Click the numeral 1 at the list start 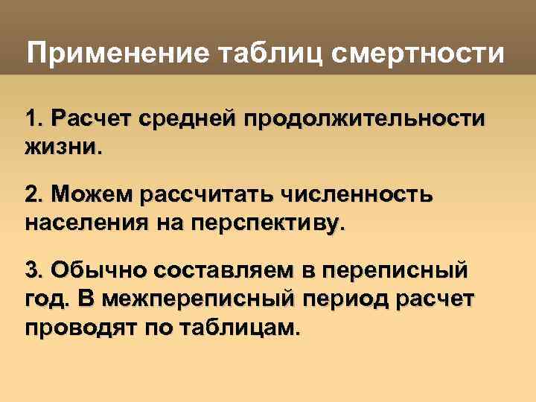31,118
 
